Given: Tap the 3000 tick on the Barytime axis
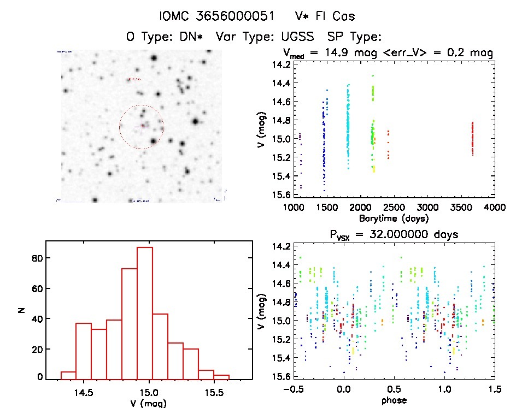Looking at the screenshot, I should coord(427,208).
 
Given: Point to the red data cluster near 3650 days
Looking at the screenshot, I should coord(473,138).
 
